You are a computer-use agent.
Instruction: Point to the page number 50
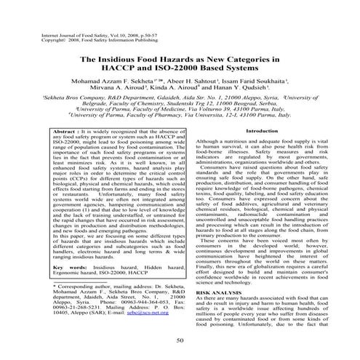[x=180, y=340]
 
